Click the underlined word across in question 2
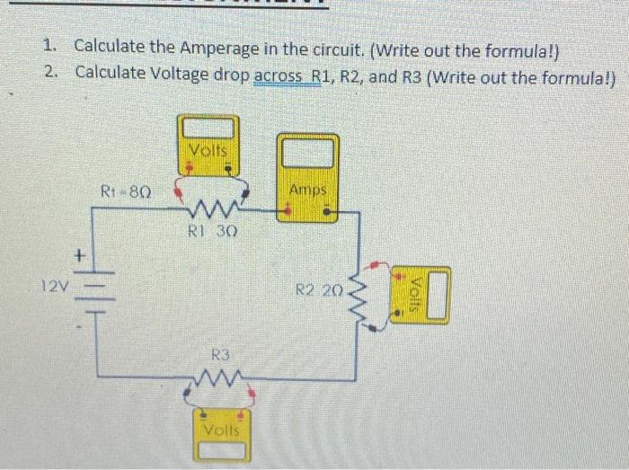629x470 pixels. tap(278, 75)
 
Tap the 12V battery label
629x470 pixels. tap(56, 286)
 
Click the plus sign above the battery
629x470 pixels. tap(80, 254)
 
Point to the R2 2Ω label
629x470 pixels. tap(319, 289)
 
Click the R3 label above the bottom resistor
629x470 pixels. tap(221, 354)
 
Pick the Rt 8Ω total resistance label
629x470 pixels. tap(126, 191)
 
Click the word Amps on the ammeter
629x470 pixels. tap(308, 190)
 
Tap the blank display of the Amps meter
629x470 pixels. tap(308, 153)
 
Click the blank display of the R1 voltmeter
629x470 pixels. tap(208, 129)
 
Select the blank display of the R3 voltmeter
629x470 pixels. tap(222, 450)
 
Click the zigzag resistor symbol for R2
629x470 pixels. tap(359, 296)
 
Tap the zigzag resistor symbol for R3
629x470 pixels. tap(217, 377)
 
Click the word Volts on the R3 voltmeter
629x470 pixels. tap(222, 430)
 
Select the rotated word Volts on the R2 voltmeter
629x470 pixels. tap(415, 295)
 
